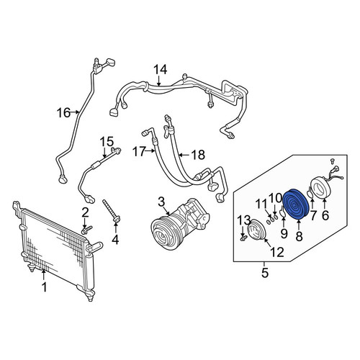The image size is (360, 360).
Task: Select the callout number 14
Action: click(160, 70)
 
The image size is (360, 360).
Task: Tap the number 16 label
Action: click(63, 112)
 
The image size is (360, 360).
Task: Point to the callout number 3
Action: click(161, 202)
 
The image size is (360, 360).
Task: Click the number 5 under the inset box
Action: click(264, 273)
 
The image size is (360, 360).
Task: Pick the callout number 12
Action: click(277, 252)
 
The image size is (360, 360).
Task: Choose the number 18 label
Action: click(198, 155)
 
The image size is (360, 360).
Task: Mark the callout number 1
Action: click(45, 287)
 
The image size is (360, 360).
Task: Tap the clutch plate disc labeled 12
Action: click(257, 230)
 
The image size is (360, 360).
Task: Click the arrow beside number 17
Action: click(150, 150)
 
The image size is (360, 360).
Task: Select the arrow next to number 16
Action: click(75, 112)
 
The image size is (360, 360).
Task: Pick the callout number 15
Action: click(107, 142)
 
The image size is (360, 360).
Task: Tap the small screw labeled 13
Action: click(243, 238)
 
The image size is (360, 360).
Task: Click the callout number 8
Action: click(299, 236)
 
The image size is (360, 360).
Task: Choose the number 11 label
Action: click(261, 204)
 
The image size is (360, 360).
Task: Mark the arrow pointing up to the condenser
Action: click(43, 275)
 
